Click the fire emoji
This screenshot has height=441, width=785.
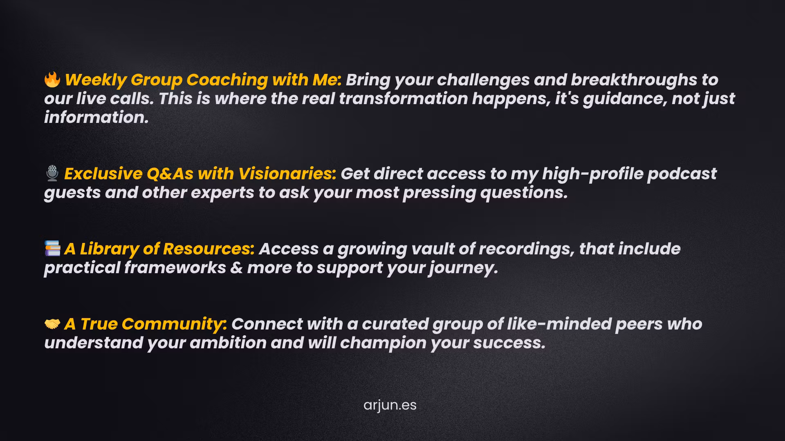52,79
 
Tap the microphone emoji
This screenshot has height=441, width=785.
52,173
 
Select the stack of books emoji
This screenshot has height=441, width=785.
52,248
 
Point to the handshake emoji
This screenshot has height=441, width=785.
52,324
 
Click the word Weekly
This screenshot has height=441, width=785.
95,80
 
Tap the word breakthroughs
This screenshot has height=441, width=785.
634,80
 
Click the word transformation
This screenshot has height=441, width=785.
404,99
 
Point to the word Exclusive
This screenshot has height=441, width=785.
103,174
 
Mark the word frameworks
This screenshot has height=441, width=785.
175,268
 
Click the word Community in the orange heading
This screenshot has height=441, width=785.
174,324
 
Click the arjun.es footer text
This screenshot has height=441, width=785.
390,405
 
